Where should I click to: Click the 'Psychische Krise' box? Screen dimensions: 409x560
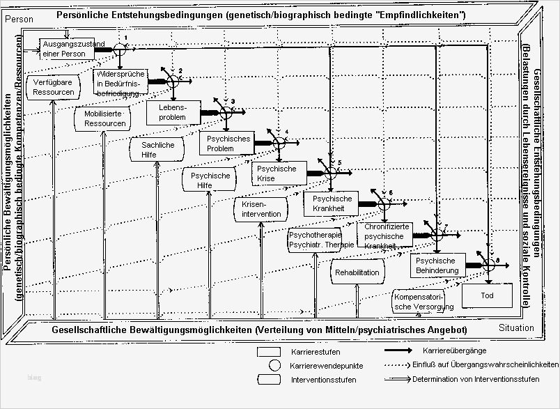click(277, 173)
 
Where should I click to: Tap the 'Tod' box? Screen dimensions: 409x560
click(486, 295)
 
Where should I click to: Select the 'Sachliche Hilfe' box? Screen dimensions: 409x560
click(158, 149)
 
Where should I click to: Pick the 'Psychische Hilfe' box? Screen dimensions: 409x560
click(210, 180)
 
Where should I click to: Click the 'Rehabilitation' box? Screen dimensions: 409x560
click(357, 272)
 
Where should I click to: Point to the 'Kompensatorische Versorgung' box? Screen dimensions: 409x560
click(423, 300)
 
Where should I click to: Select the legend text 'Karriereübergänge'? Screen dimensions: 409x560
click(454, 350)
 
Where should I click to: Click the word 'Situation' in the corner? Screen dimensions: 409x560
click(516, 327)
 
